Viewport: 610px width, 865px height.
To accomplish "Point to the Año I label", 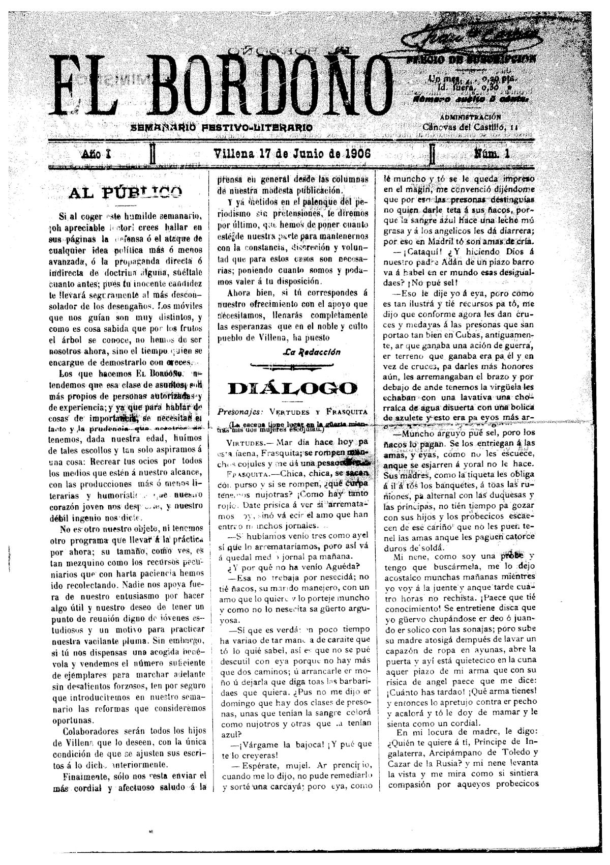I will click(x=96, y=153).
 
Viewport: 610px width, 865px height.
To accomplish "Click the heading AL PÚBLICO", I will click(x=125, y=192).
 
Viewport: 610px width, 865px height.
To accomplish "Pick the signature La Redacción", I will click(x=312, y=352).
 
